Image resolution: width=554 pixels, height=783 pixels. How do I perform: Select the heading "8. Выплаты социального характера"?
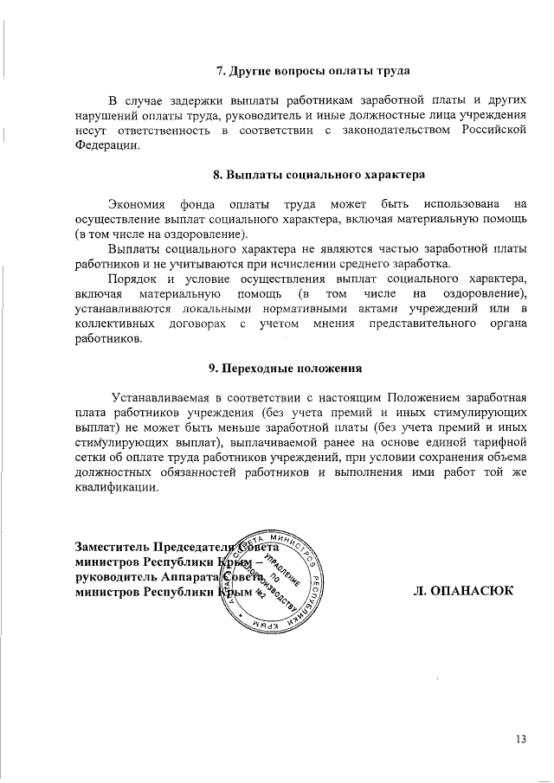(319, 174)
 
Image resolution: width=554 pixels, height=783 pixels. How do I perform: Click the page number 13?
(520, 739)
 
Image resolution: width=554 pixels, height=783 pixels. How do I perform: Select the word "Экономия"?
(136, 204)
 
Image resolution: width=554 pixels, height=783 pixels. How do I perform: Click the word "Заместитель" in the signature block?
(113, 548)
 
